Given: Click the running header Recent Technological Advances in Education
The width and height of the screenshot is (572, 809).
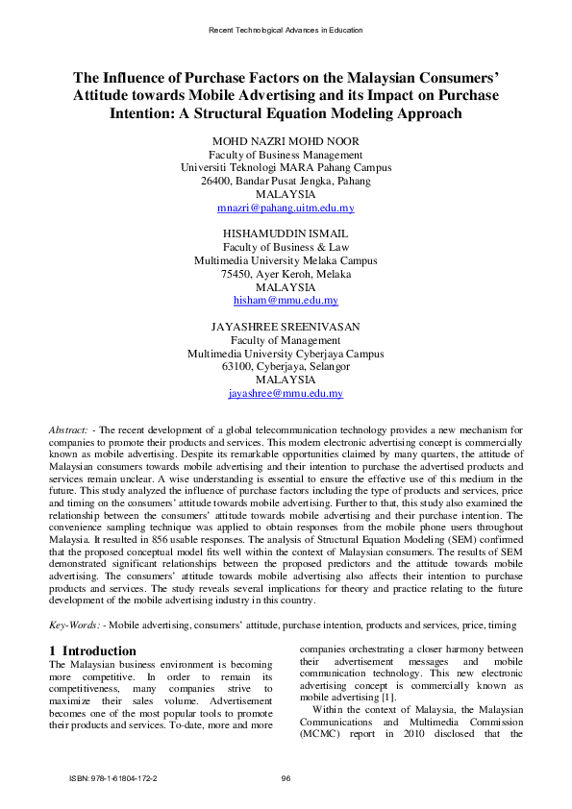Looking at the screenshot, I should [x=286, y=30].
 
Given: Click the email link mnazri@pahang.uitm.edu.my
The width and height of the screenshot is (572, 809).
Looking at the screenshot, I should [x=286, y=208].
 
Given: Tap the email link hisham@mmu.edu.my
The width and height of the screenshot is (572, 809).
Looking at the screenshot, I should [x=286, y=301].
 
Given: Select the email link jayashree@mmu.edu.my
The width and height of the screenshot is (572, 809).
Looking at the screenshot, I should [x=286, y=394].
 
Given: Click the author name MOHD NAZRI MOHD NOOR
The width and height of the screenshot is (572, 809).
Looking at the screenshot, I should [x=286, y=141].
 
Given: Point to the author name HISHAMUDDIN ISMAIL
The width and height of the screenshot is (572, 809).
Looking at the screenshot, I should [x=286, y=233].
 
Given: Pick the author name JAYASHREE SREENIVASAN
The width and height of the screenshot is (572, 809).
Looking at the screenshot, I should [x=286, y=327].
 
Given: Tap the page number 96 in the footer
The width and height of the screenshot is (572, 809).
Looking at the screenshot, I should [x=286, y=778].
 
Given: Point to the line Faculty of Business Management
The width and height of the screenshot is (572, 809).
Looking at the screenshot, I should [x=286, y=155].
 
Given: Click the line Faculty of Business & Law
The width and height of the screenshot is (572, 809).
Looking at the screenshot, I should [x=286, y=247].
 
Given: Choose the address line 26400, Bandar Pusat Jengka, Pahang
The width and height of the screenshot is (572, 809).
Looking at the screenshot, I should [x=286, y=181].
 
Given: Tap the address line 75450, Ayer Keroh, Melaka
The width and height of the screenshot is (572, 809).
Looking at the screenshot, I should [x=286, y=274].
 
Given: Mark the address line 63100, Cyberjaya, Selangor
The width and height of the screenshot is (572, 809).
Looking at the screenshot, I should [x=286, y=367].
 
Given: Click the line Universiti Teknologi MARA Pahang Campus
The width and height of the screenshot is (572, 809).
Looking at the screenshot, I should [x=286, y=167].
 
